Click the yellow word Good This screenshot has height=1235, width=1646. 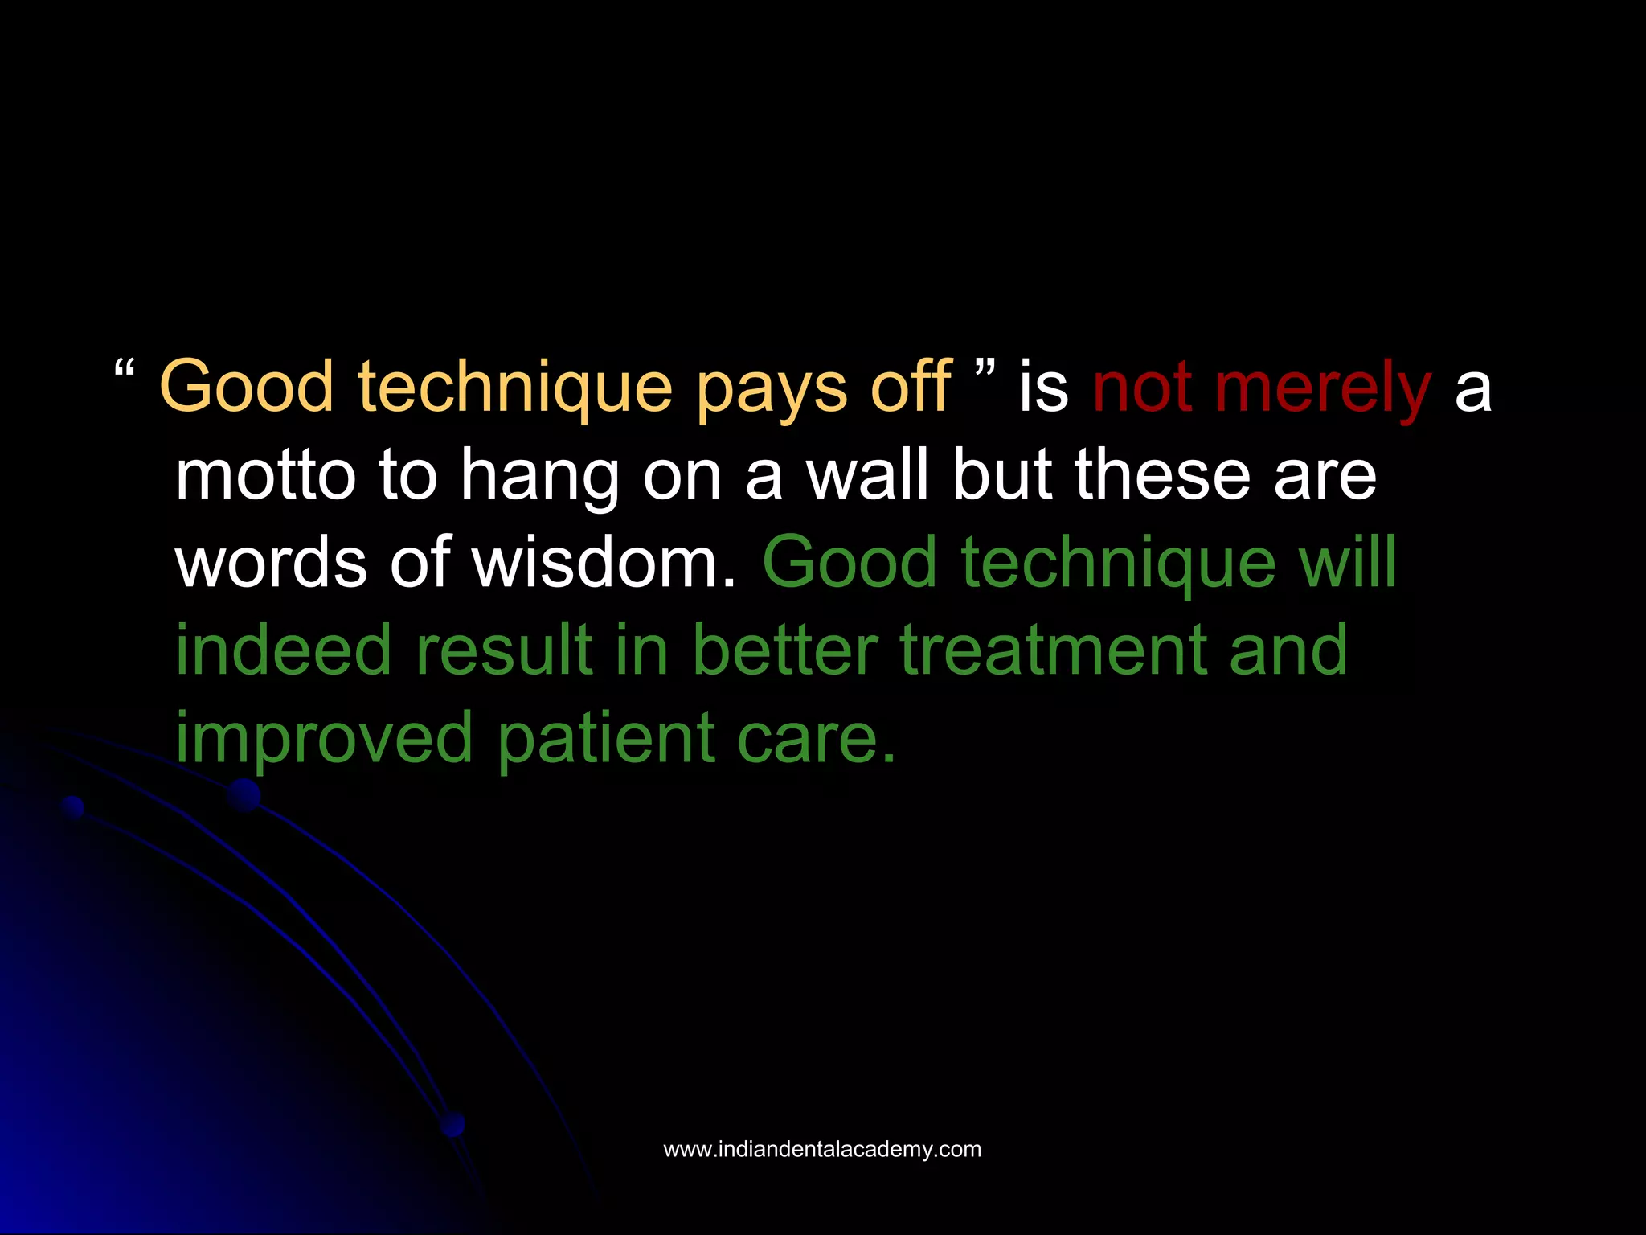pos(247,388)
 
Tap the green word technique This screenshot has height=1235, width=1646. pos(1118,562)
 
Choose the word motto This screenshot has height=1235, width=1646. pos(265,476)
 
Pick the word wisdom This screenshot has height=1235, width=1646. pos(604,562)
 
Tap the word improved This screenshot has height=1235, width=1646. pos(324,739)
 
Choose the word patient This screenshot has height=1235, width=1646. pos(606,739)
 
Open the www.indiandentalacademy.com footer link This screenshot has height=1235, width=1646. pos(822,1149)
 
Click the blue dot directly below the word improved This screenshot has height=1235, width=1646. pos(244,795)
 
